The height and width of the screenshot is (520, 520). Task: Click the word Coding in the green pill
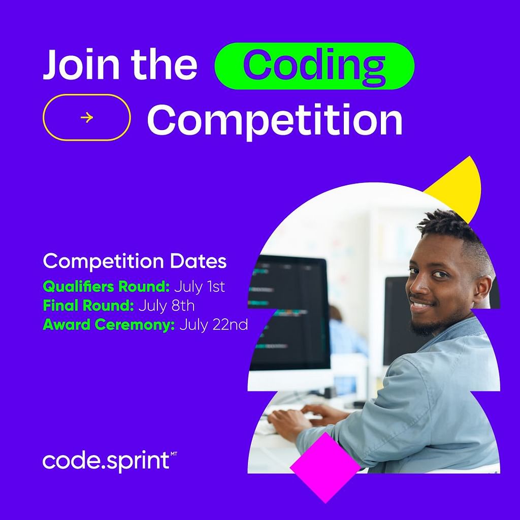tap(314, 66)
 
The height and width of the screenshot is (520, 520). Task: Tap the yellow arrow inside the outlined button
tap(86, 117)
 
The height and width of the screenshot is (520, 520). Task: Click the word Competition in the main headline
tap(275, 120)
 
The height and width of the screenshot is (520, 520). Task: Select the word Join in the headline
tap(81, 64)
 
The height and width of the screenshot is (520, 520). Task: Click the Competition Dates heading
tap(135, 261)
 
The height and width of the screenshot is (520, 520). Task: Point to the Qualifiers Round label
tap(106, 286)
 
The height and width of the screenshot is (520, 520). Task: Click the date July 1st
tap(200, 286)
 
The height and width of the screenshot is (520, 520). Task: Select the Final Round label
tap(88, 305)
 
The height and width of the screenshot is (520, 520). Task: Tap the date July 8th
tap(167, 306)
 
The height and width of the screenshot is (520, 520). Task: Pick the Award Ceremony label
tap(109, 324)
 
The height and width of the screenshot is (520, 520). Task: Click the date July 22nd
tap(214, 324)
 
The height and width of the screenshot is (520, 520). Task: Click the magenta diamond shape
tap(325, 467)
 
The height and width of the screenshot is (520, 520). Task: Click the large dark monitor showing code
tap(289, 312)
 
